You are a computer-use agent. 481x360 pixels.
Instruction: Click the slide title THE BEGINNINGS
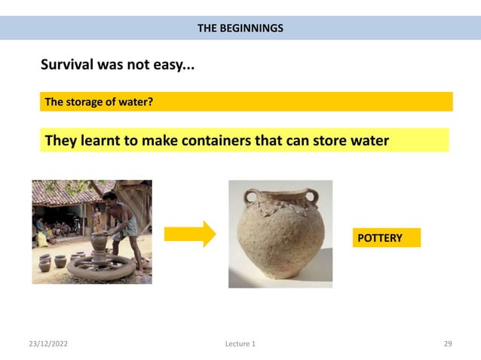pos(240,29)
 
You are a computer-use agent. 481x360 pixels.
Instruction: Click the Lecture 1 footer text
pos(240,344)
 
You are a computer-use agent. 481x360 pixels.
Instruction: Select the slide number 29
pos(448,344)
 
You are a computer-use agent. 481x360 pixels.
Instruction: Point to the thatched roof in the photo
pos(64,191)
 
